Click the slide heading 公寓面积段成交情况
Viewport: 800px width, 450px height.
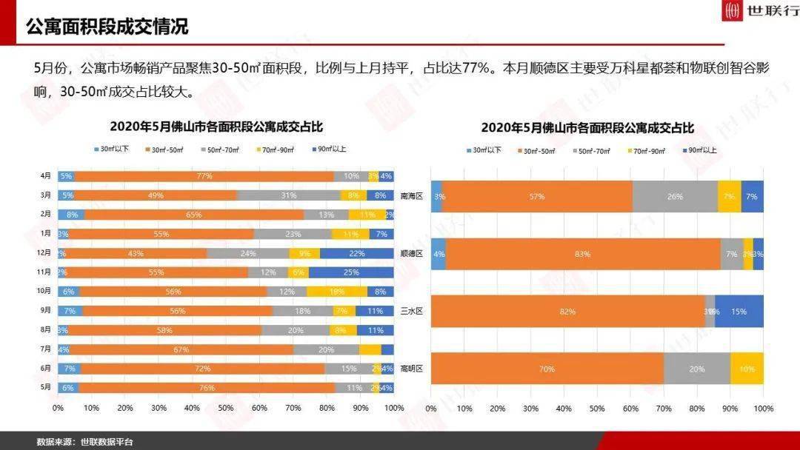(x=107, y=27)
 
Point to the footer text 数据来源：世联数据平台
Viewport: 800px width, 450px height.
(x=85, y=442)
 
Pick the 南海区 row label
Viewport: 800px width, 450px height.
(x=411, y=197)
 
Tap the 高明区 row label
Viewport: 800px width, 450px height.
(x=411, y=369)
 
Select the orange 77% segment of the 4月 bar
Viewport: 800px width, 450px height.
(x=204, y=176)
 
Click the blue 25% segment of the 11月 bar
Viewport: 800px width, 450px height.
(x=351, y=272)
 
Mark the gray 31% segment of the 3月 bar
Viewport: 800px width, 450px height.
(x=288, y=195)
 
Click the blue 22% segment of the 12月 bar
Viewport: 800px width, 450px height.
(x=356, y=253)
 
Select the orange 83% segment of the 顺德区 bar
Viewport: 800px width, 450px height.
(x=583, y=254)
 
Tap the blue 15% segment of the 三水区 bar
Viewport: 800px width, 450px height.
(x=739, y=312)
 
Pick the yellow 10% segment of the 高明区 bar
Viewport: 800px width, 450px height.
(x=747, y=369)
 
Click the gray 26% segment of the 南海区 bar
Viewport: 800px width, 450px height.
(x=675, y=197)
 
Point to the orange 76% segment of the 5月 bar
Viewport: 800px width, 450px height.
(x=206, y=387)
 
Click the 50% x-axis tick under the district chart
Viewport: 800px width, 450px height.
(x=597, y=409)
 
